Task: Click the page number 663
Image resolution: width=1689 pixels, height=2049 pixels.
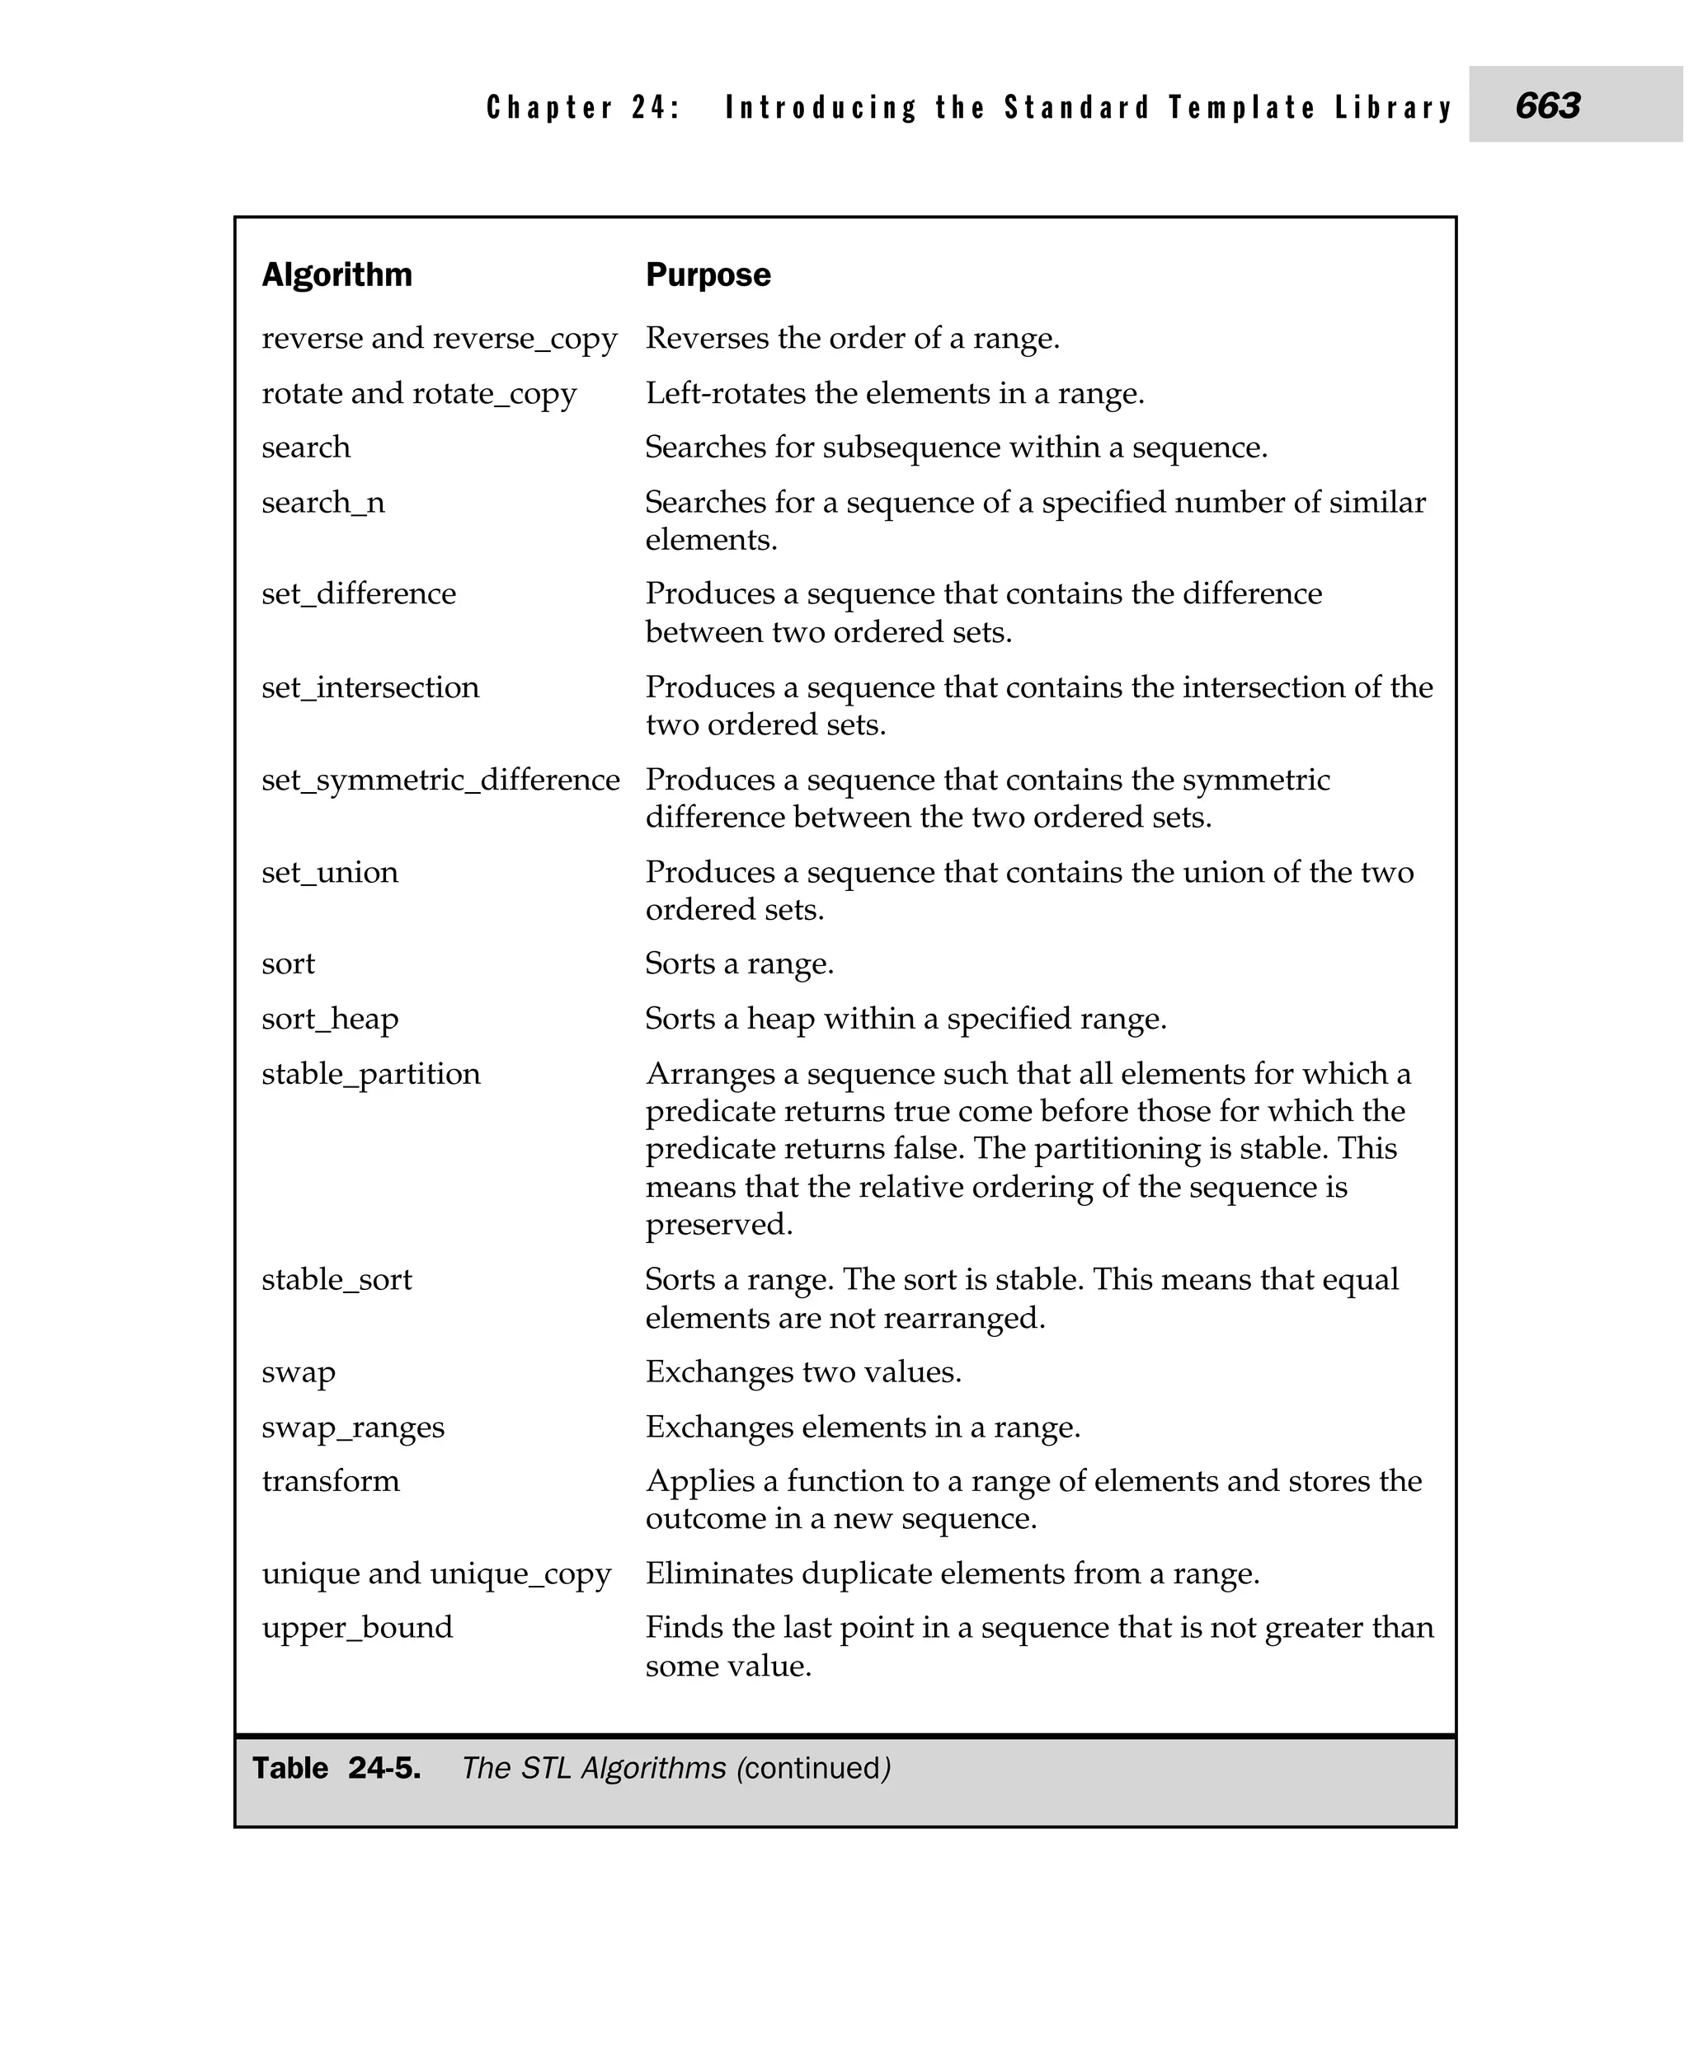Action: pyautogui.click(x=1547, y=105)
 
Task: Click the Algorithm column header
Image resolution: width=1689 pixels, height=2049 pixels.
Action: pyautogui.click(x=336, y=275)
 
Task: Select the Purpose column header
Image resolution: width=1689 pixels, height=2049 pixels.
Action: pyautogui.click(x=708, y=275)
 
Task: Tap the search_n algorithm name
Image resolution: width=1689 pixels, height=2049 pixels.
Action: pyautogui.click(x=323, y=503)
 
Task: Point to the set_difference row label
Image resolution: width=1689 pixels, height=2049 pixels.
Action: pyautogui.click(x=358, y=594)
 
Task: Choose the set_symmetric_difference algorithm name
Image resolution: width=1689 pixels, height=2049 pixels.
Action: pyautogui.click(x=440, y=780)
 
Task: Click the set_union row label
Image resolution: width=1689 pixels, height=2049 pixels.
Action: pyautogui.click(x=330, y=872)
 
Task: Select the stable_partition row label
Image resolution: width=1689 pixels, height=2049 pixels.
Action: pyautogui.click(x=370, y=1075)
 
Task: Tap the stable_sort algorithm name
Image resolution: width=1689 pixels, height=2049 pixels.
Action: pyautogui.click(x=336, y=1280)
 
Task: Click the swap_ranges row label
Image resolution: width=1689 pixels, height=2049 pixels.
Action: pyautogui.click(x=352, y=1428)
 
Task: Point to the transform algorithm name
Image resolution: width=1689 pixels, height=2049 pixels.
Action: pyautogui.click(x=331, y=1481)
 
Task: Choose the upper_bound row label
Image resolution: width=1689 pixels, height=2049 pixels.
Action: pyautogui.click(x=357, y=1628)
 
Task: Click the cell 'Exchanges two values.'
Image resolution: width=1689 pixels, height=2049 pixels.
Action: pyautogui.click(x=802, y=1372)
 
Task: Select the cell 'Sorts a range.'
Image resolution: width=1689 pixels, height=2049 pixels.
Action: pyautogui.click(x=740, y=964)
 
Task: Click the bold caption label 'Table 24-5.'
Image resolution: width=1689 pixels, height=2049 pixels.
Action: pyautogui.click(x=336, y=1768)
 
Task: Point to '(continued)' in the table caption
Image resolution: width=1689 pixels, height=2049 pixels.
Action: pyautogui.click(x=813, y=1768)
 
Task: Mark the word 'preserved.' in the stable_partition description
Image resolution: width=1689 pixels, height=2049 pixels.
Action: pyautogui.click(x=719, y=1224)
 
